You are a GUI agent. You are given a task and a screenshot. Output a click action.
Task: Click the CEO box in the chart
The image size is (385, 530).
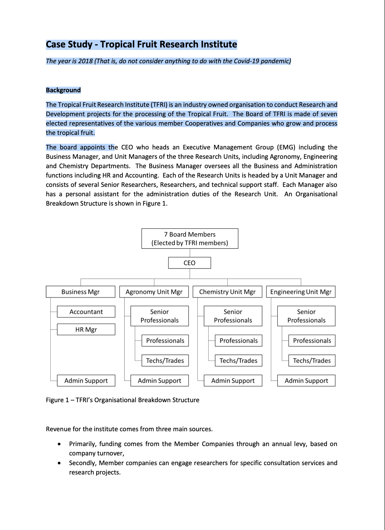[x=190, y=263]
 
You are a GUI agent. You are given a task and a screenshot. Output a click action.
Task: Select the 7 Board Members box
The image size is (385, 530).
[x=190, y=239]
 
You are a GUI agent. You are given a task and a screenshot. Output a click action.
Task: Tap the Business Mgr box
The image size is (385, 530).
[x=80, y=292]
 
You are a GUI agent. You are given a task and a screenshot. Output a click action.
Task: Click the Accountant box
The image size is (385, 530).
[x=86, y=312]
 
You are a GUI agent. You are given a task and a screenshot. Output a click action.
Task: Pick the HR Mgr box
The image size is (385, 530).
[x=86, y=330]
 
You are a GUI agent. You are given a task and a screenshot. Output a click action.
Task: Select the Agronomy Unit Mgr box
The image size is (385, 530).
[x=154, y=292]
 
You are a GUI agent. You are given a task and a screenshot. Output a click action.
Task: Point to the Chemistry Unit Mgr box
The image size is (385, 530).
[x=227, y=292]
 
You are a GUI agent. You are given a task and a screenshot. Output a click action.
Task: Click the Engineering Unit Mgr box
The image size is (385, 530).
[x=301, y=292]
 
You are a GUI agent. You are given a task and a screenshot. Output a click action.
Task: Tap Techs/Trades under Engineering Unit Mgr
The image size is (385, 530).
[x=312, y=361]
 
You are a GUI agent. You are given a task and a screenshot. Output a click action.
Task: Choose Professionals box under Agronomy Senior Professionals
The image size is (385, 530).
[x=165, y=341]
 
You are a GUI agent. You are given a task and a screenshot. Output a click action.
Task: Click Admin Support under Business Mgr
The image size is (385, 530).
[x=86, y=381]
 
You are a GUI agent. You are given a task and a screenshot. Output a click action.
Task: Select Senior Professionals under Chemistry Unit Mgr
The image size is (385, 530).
[x=233, y=316]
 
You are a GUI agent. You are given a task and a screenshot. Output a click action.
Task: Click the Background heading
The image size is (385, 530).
[x=63, y=90]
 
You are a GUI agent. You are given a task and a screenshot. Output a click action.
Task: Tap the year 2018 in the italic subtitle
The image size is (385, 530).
[x=85, y=61]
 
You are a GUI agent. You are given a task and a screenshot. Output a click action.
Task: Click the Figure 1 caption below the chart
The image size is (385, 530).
[x=122, y=400]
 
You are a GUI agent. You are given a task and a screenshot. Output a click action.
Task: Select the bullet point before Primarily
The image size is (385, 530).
[x=59, y=444]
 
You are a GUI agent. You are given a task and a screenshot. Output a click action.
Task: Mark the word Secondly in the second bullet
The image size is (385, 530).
[x=83, y=463]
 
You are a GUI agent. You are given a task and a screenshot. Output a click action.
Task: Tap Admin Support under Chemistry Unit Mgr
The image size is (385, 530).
[x=233, y=381]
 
